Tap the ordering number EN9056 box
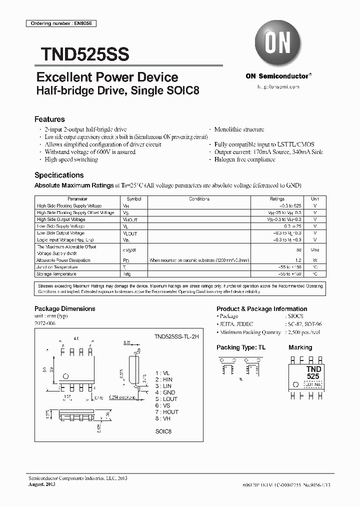60,23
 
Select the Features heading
49,119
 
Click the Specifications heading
59,175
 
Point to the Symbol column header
133,199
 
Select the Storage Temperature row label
56,274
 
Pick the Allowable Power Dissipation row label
63,260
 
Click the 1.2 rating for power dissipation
298,260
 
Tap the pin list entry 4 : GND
165,392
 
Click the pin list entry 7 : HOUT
166,412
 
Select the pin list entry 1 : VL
163,373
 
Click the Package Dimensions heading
64,309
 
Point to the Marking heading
300,347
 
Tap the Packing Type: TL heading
241,347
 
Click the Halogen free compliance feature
244,159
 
